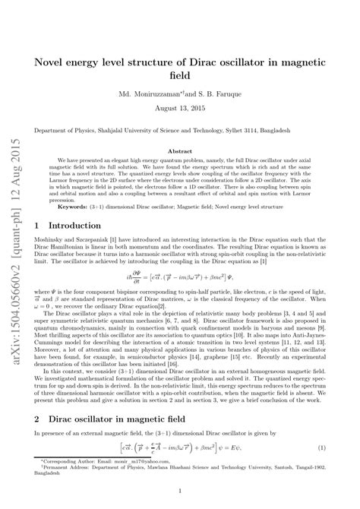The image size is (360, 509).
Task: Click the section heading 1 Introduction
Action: [71, 226]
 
